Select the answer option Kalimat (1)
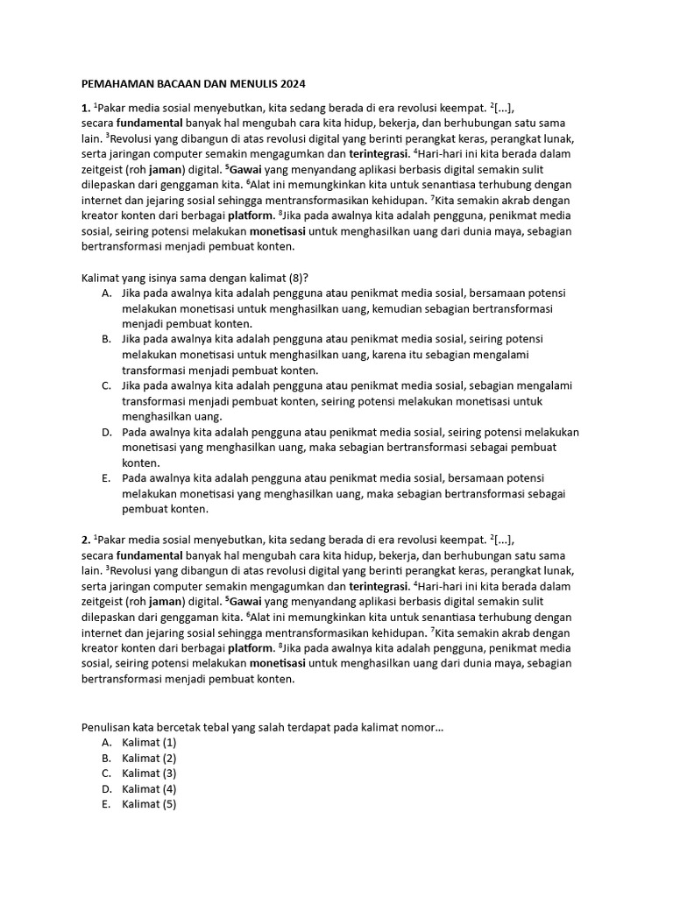(x=149, y=742)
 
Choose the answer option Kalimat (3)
(x=149, y=773)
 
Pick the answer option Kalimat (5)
(x=149, y=804)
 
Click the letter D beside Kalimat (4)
(x=106, y=788)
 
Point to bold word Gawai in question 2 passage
(x=247, y=601)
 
